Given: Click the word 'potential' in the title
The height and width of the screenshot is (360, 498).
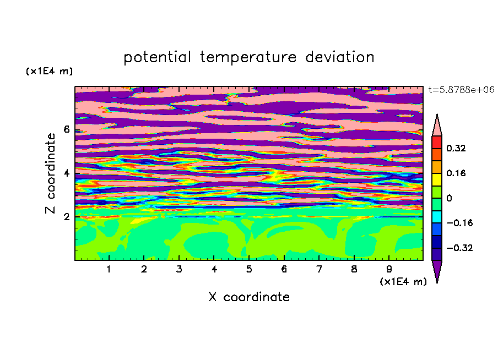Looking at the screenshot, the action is [x=157, y=58].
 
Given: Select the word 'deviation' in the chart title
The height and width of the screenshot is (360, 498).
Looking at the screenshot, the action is [x=340, y=57].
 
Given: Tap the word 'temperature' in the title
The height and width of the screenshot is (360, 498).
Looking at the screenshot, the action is [x=248, y=58].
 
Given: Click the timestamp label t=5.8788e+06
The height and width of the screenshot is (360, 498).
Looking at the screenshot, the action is [x=462, y=90].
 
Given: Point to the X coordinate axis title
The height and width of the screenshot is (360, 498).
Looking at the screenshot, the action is [x=249, y=297].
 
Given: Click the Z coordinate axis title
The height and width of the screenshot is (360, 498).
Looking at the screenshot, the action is [x=51, y=173].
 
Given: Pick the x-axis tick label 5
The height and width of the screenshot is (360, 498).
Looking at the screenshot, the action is [x=249, y=269].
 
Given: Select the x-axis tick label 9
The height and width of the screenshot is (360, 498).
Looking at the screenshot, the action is [x=389, y=269].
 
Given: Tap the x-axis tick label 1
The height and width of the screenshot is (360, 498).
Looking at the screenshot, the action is [x=109, y=269].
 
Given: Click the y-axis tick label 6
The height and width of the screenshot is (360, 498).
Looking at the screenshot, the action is [x=66, y=129].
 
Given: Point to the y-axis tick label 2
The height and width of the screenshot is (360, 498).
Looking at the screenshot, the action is [x=66, y=217].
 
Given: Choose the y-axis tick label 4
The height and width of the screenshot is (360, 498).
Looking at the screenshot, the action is [x=66, y=173].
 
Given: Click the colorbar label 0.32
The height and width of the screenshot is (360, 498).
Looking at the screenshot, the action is [x=456, y=148].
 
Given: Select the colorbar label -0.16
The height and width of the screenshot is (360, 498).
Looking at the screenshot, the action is [x=459, y=223].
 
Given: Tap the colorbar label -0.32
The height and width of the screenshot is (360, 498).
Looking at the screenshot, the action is [x=459, y=248].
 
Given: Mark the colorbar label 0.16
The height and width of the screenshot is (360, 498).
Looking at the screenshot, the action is [x=456, y=173].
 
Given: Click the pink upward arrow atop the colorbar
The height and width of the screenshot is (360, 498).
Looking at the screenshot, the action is [x=437, y=127].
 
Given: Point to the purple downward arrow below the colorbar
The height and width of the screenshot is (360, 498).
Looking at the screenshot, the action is [x=437, y=270].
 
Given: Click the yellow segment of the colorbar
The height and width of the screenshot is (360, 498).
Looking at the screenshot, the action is [x=437, y=179].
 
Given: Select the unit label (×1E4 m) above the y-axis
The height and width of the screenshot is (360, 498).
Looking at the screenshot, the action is [x=50, y=71].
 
